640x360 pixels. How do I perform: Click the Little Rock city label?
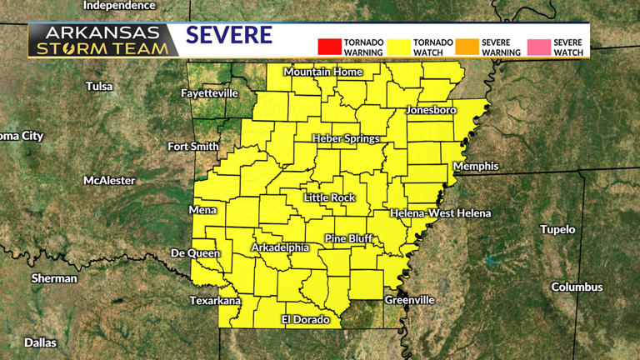coord(329,197)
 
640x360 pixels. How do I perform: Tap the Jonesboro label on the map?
coord(432,110)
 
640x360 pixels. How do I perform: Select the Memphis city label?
coord(475,166)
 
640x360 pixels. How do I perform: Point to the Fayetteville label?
coord(209,93)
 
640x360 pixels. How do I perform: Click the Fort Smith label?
coord(192,147)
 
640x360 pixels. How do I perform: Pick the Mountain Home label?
coord(323,72)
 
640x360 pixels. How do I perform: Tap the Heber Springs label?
coord(346,138)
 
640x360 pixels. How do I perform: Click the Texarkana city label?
coord(215,300)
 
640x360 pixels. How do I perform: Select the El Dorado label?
coord(306,320)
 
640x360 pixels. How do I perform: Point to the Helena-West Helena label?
coord(441,213)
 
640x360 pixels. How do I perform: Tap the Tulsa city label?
coord(98,86)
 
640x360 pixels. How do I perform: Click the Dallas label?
coord(40,342)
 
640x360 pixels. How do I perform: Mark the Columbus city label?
coord(577,287)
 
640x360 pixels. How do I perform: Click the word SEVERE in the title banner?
coord(229,36)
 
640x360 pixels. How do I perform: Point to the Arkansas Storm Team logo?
coord(102,40)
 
